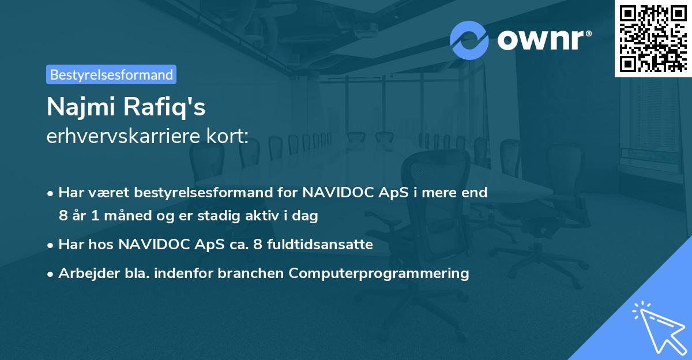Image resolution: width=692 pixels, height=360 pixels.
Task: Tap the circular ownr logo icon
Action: (x=469, y=40)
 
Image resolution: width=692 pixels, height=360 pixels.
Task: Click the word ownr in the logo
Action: (x=541, y=40)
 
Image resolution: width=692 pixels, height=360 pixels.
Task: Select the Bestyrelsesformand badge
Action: (x=111, y=74)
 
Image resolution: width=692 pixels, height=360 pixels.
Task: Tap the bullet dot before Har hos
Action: (x=51, y=245)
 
